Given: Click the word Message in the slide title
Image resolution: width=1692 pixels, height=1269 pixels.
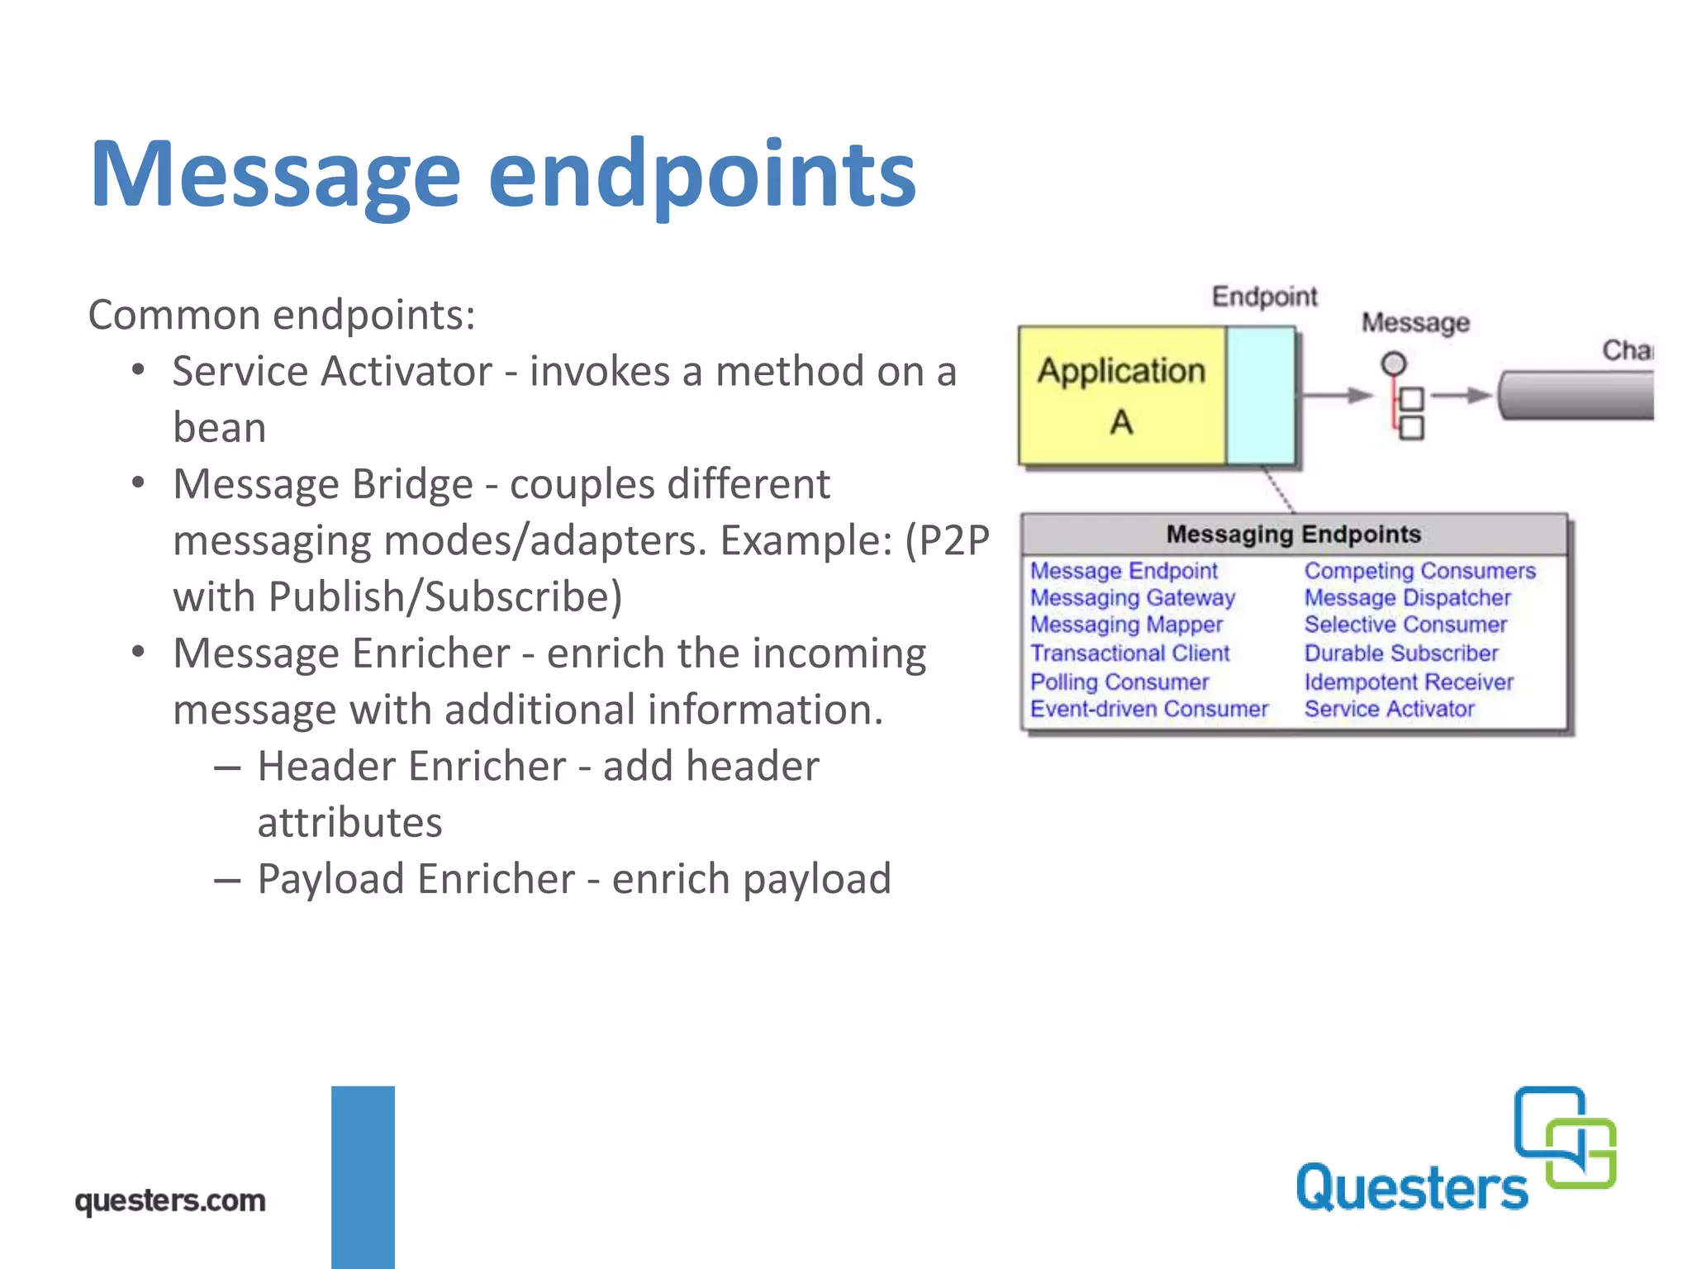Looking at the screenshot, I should [x=274, y=175].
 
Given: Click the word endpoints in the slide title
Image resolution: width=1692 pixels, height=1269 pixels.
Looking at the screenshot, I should [x=701, y=175].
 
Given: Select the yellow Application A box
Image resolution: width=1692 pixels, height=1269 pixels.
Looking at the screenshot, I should [x=1121, y=396].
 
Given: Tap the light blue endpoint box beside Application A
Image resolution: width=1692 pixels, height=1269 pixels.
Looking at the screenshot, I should [x=1260, y=396].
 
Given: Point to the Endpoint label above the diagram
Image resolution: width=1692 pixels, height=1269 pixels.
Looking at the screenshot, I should [x=1263, y=296].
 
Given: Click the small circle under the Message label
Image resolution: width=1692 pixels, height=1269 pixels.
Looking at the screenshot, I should [x=1393, y=364].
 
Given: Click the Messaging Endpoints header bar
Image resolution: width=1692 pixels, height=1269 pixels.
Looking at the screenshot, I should [x=1293, y=535].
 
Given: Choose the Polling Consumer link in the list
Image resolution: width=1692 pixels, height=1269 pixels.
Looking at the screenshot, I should [x=1119, y=682].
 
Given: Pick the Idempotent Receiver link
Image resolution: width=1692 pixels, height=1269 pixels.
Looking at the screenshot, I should [x=1408, y=682].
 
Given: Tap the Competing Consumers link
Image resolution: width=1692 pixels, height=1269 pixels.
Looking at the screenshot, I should [x=1419, y=571].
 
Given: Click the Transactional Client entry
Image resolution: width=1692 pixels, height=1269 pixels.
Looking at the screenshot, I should [x=1129, y=654].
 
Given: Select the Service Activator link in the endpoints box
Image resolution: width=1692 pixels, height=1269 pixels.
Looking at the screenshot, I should [x=1389, y=710].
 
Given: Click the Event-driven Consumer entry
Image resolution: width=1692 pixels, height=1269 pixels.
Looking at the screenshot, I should [x=1148, y=710].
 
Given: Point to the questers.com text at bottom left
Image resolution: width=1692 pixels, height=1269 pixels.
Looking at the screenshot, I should [x=170, y=1200].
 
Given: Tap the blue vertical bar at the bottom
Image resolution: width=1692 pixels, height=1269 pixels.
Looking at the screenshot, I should [x=363, y=1176].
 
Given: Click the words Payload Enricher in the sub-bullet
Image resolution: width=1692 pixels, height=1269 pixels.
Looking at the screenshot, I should [x=416, y=879].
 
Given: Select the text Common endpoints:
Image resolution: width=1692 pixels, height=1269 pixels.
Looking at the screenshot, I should [x=282, y=315].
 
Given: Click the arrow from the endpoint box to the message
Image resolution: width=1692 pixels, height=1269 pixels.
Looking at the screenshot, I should [x=1336, y=396].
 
